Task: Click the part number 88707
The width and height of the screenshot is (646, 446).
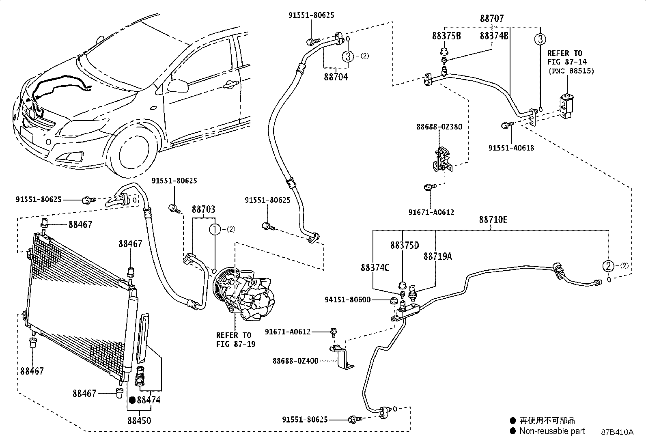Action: [492, 18]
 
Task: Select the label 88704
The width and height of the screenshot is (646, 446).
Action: [336, 77]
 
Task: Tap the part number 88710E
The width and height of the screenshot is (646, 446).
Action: [493, 220]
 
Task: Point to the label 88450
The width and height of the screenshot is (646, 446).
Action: [139, 420]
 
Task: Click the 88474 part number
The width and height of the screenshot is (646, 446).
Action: [149, 400]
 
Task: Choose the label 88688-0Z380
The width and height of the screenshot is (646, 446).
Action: [439, 127]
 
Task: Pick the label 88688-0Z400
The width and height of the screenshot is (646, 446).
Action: [295, 361]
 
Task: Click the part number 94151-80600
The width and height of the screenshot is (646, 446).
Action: [347, 300]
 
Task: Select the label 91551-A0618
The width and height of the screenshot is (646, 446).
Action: [511, 148]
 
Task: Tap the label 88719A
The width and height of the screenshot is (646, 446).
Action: [437, 256]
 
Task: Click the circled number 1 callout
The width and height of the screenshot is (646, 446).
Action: [215, 230]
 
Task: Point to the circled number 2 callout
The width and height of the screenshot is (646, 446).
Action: [608, 266]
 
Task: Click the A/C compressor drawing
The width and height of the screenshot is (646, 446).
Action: [244, 294]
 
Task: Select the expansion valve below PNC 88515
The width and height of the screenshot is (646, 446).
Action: [567, 106]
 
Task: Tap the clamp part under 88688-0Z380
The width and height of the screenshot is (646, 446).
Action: [443, 159]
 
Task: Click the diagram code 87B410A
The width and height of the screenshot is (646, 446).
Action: [617, 432]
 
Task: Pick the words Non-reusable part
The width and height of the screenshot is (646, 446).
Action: [552, 431]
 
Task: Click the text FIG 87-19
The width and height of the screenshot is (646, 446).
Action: [236, 344]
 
